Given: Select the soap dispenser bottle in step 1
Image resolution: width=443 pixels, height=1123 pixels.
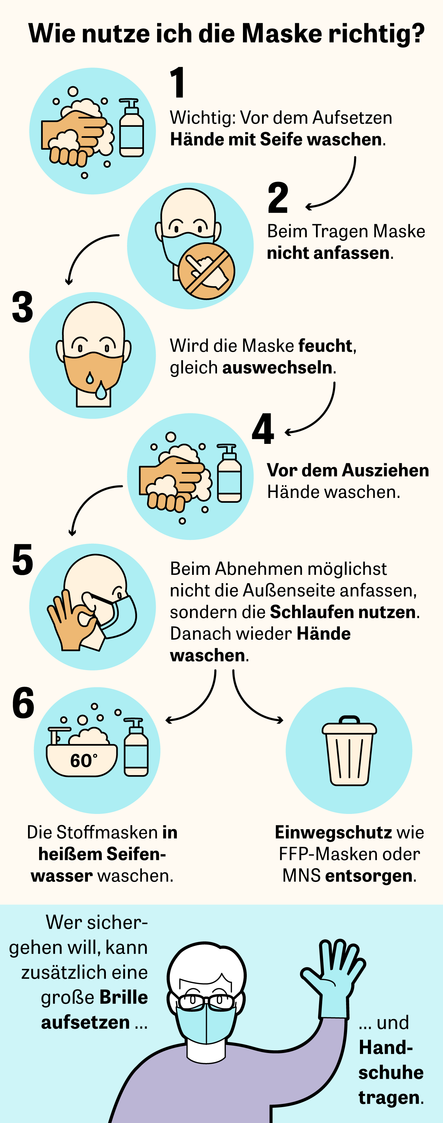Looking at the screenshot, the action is pyautogui.click(x=131, y=128).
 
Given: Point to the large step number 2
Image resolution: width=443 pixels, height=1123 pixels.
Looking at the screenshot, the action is pyautogui.click(x=278, y=198).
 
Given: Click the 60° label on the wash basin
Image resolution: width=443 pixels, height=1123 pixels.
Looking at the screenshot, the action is pyautogui.click(x=84, y=761).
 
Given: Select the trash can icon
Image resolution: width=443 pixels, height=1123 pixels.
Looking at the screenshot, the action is pyautogui.click(x=349, y=751).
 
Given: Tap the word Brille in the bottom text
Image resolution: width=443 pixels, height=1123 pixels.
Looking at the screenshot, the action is pyautogui.click(x=123, y=998).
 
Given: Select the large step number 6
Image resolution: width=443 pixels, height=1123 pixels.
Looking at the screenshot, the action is pyautogui.click(x=23, y=703).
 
